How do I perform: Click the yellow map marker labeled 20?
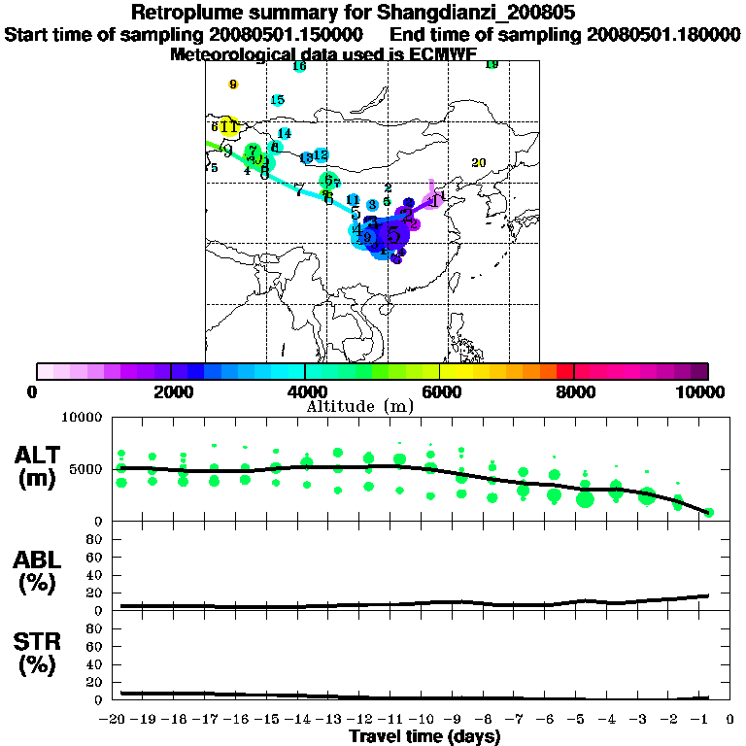tap(478, 163)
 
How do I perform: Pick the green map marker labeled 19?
tap(492, 65)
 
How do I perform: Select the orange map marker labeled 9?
tap(233, 85)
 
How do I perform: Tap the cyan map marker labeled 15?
tap(278, 100)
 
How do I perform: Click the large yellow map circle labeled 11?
tap(229, 126)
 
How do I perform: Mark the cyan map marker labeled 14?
tap(284, 134)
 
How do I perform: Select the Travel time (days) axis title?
tap(424, 737)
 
